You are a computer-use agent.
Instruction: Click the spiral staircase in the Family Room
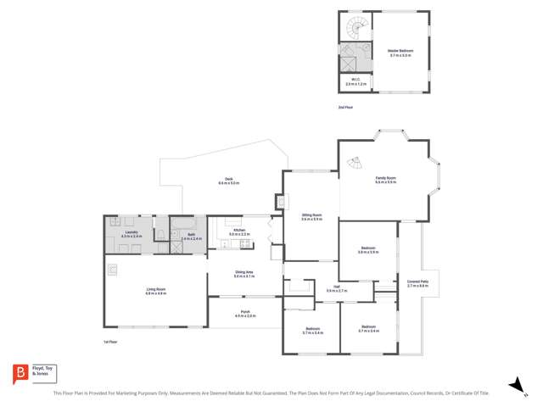click(358, 162)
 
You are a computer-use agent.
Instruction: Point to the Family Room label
click(386, 180)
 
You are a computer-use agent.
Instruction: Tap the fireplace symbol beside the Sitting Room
click(279, 203)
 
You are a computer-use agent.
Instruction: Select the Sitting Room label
click(312, 217)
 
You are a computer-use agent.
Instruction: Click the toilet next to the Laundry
click(160, 233)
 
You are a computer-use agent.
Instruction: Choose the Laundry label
click(131, 233)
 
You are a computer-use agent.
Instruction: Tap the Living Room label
click(155, 291)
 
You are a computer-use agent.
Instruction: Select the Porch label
click(244, 314)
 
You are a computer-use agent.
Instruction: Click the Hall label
click(337, 288)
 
